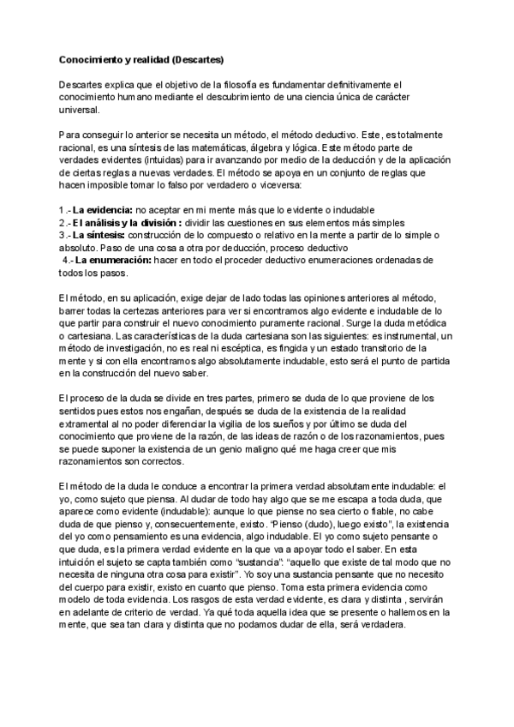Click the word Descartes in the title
196,60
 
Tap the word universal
79,110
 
